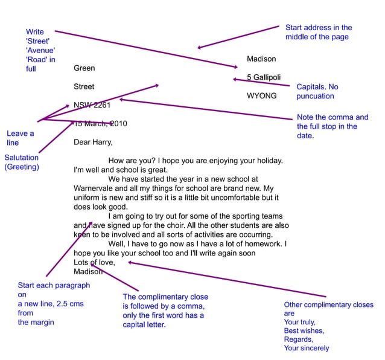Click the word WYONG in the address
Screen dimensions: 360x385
tap(261, 96)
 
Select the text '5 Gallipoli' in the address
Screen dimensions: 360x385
tap(264, 77)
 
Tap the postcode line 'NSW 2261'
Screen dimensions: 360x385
tap(92, 105)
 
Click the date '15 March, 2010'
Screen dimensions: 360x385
tap(100, 124)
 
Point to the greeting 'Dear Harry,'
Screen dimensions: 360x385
tap(93, 143)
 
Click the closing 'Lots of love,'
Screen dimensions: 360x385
tap(94, 262)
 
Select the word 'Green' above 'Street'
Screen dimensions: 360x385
tap(84, 68)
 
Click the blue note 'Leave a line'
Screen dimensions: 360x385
tap(20, 138)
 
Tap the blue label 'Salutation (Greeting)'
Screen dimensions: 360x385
tap(22, 162)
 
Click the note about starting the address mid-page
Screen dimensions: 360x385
tap(318, 32)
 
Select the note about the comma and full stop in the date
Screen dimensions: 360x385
tap(332, 126)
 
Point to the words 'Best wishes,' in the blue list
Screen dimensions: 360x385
tap(304, 331)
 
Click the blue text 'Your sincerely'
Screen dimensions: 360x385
tap(307, 348)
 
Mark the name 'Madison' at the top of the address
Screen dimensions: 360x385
tap(261, 59)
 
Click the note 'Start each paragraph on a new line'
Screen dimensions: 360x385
tap(53, 303)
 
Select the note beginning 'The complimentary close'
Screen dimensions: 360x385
tap(165, 310)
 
